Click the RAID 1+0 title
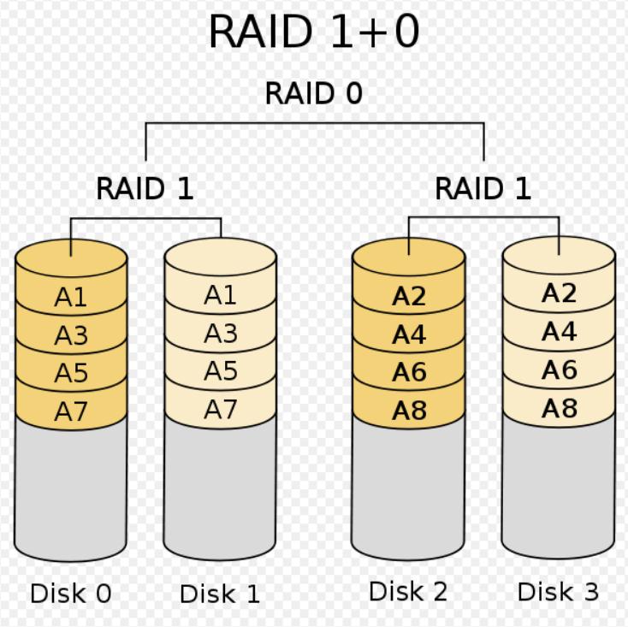coord(314,32)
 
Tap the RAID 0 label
coord(314,93)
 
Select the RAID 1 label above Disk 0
coord(145,188)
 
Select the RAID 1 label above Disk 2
coord(483,188)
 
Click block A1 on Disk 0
coord(71,297)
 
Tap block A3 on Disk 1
coord(220,334)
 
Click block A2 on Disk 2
coord(409,296)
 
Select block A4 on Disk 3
coord(559,332)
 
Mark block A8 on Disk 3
coord(559,409)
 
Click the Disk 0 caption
coord(71,594)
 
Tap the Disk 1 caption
coord(220,594)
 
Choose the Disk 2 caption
coord(408,591)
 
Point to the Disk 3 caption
coord(559,591)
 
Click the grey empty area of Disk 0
coord(71,488)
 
